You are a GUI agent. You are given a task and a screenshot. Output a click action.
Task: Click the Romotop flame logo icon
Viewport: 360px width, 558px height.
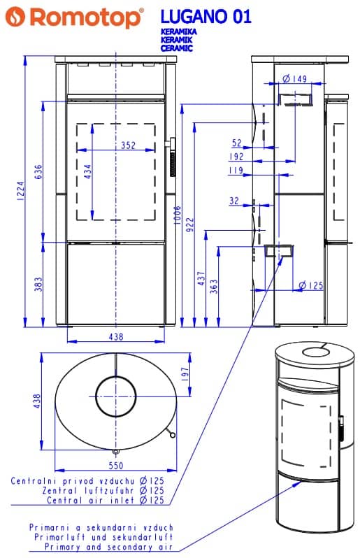(x=15, y=17)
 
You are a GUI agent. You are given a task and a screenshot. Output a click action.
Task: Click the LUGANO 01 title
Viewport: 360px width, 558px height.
(x=206, y=17)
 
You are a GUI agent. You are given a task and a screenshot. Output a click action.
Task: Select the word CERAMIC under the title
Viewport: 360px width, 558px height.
(x=176, y=48)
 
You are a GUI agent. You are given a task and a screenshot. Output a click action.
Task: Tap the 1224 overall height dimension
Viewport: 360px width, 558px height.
(x=20, y=191)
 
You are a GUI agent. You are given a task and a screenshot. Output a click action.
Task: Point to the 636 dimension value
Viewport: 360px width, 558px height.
(x=38, y=172)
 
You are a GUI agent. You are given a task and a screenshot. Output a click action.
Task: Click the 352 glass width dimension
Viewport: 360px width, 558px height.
(x=128, y=145)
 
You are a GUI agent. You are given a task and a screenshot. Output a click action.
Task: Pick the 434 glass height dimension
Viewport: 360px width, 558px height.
(x=87, y=171)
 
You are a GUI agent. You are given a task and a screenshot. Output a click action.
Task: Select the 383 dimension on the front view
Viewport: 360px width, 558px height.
(x=38, y=284)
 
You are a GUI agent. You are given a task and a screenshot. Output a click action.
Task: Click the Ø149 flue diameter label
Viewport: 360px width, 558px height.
(x=294, y=78)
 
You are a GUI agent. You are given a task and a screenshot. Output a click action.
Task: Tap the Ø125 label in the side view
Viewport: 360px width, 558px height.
(x=311, y=285)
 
